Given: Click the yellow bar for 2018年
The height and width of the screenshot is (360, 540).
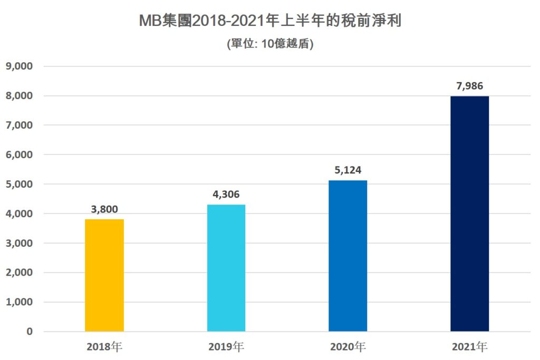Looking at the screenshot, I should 104,275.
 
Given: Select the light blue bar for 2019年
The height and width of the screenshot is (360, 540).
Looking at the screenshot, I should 226,268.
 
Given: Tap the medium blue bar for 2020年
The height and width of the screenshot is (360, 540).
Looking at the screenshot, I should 348,256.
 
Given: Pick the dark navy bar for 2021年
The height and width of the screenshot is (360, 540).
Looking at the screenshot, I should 469,213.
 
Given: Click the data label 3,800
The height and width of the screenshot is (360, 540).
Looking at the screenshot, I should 104,210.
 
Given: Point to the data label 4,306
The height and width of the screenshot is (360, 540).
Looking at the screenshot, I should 226,194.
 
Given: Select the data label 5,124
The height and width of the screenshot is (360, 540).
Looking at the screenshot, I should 348,170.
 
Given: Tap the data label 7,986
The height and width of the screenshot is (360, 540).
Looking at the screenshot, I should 469,86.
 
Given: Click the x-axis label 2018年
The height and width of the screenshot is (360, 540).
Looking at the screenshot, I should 104,347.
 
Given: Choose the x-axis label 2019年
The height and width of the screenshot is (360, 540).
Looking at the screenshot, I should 226,347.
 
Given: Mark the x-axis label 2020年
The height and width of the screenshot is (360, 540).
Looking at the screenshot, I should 348,347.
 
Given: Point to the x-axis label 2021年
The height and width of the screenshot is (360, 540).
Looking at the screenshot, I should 469,347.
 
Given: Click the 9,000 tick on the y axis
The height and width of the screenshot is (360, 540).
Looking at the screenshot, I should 20,66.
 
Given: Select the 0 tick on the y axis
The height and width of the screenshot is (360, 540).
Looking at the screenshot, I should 30,332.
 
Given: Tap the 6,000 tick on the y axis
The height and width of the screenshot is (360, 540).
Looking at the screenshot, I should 20,155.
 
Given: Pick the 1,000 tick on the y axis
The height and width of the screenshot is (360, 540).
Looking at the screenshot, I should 20,302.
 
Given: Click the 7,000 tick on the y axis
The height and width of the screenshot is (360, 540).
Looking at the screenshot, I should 20,125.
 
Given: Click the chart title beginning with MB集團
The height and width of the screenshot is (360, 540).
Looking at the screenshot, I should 270,21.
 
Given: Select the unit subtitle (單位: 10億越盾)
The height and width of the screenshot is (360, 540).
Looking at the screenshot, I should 270,44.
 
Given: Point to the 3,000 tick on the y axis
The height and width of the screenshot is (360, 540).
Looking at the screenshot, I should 20,243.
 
